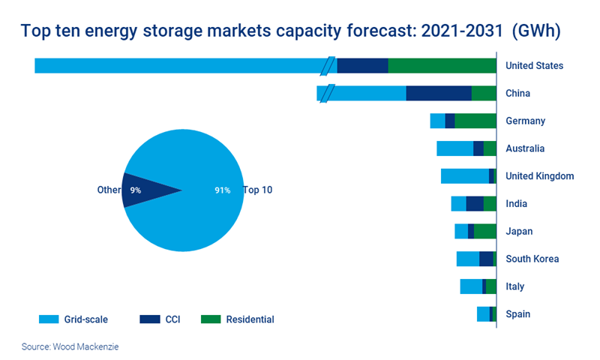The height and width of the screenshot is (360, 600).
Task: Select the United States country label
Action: (x=534, y=66)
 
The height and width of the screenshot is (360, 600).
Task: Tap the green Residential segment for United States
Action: (x=442, y=66)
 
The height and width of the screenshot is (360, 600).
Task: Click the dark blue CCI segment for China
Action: (x=439, y=94)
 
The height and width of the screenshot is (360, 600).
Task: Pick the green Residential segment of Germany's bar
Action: (x=475, y=121)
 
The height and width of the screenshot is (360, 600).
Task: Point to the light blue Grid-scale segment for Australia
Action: (x=454, y=148)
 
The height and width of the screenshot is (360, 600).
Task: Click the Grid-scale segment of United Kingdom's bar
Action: (x=464, y=176)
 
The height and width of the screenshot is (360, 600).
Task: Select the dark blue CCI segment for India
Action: (x=474, y=204)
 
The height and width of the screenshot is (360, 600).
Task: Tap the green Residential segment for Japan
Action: (x=484, y=232)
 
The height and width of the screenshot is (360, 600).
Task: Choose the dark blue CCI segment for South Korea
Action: (x=486, y=259)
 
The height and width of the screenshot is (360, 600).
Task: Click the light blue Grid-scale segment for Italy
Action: (x=471, y=286)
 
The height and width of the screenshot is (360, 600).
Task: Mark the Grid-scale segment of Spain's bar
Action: (x=483, y=314)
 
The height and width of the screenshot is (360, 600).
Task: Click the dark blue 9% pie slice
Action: (x=142, y=190)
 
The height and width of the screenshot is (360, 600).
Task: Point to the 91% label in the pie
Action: (x=222, y=190)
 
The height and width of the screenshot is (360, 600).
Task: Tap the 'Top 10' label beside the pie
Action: (x=257, y=190)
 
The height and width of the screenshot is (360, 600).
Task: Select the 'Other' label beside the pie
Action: (x=109, y=190)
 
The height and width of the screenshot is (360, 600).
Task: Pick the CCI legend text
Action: (x=173, y=319)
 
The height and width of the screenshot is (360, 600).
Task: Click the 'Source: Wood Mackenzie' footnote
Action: (x=70, y=346)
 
